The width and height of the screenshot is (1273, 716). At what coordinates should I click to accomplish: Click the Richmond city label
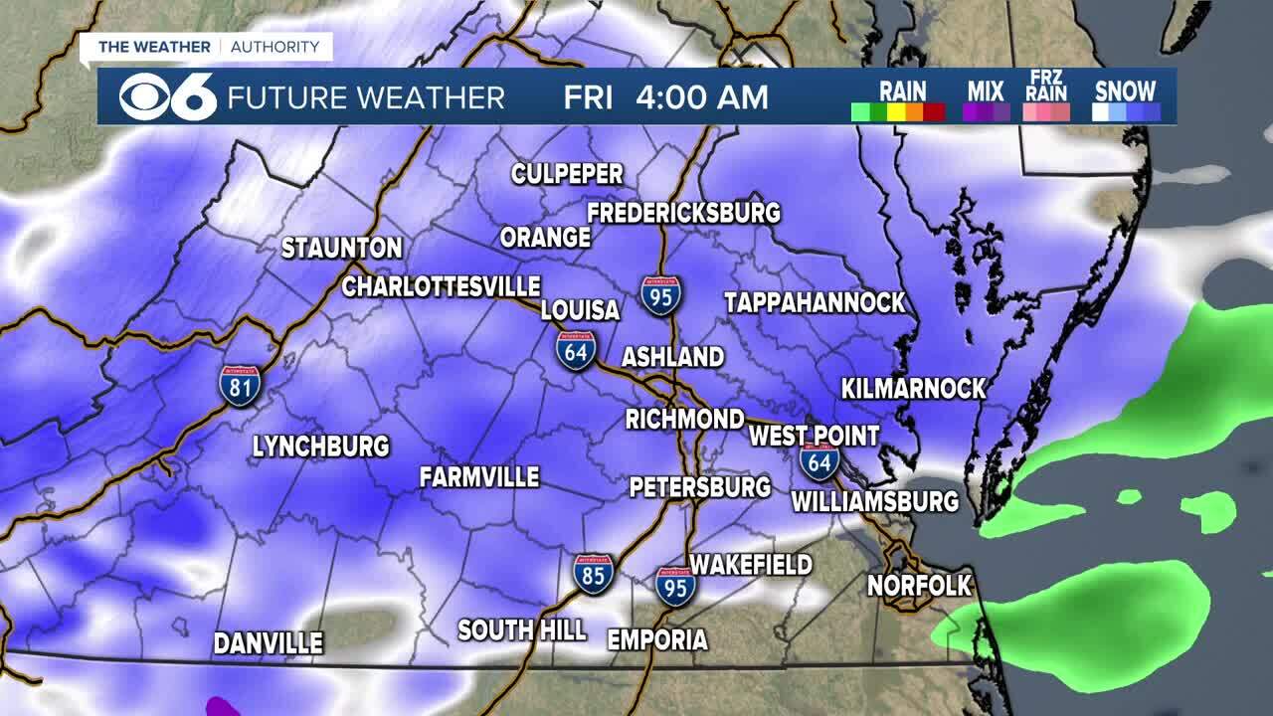coord(684,419)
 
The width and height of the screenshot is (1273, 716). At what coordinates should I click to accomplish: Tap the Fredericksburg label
coord(683,213)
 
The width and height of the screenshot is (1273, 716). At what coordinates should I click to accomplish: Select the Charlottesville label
coord(441,286)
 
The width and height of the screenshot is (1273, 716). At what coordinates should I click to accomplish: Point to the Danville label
coord(269,643)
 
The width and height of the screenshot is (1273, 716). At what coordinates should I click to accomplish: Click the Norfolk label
coord(919,586)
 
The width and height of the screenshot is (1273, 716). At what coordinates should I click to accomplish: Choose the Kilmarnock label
coord(913,388)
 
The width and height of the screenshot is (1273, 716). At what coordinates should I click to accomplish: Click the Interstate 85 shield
coord(594,574)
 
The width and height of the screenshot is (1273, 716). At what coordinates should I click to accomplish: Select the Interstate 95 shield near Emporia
coord(675,586)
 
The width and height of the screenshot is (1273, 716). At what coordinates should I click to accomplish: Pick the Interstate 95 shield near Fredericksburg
coord(661,296)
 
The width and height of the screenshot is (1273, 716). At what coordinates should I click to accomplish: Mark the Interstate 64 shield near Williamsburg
coord(819,462)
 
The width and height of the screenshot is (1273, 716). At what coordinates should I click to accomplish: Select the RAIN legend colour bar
coord(898,111)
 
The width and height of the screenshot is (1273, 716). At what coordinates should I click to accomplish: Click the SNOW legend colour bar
coord(1126,111)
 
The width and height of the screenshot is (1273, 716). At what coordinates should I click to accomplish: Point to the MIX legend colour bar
coord(986,111)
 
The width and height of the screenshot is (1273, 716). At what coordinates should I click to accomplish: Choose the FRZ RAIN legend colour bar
coord(1048,111)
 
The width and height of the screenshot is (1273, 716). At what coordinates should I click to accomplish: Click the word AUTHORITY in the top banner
coord(275,47)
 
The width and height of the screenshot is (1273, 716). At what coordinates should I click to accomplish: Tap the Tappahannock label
coord(815,302)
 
